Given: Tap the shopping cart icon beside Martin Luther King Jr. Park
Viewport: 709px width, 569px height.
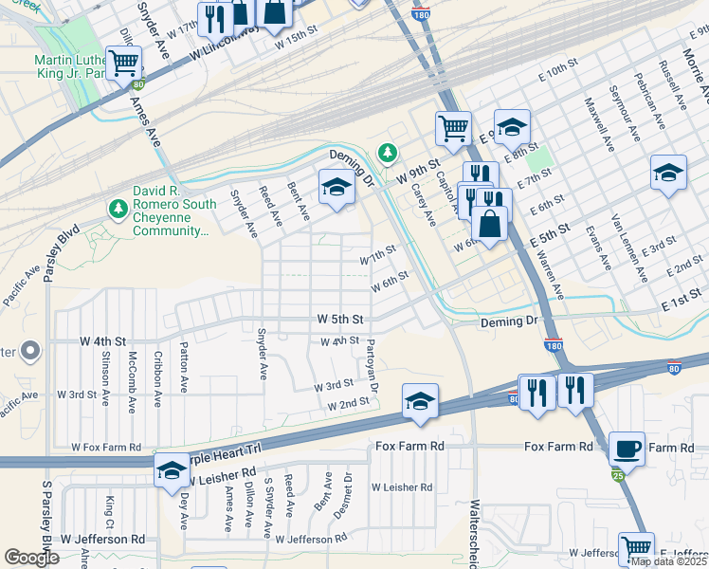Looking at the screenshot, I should click(x=124, y=63).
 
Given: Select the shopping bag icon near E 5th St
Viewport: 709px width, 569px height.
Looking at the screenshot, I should click(x=490, y=225).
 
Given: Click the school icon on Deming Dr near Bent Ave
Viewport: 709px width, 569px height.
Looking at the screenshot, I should click(x=336, y=186).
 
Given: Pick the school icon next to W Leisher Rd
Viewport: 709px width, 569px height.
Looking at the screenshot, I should click(x=172, y=470).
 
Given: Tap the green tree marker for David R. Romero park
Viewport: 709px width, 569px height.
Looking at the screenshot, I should click(x=118, y=207).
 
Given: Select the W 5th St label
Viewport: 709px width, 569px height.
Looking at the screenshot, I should click(x=340, y=320).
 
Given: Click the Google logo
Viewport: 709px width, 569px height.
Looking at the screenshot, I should click(x=32, y=558).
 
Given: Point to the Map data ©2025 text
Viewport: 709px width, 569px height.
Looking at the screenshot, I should click(x=667, y=561).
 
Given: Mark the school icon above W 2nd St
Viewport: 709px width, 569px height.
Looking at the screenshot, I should click(x=419, y=399).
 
